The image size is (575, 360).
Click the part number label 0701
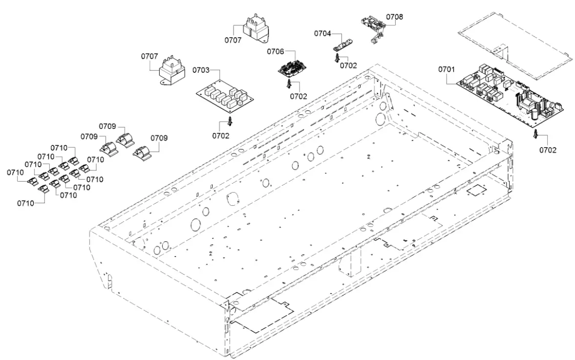click(x=446, y=69)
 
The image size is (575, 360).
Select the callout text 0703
click(x=201, y=70)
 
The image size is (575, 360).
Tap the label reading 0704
click(x=322, y=34)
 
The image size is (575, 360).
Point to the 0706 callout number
click(x=276, y=51)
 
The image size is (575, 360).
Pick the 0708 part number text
click(x=395, y=17)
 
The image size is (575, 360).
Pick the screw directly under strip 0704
click(x=338, y=58)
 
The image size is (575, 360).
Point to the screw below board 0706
click(x=289, y=85)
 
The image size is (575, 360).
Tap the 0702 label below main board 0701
click(x=548, y=150)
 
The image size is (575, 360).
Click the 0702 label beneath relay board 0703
click(x=220, y=136)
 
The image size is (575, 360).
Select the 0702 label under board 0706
click(x=298, y=96)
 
